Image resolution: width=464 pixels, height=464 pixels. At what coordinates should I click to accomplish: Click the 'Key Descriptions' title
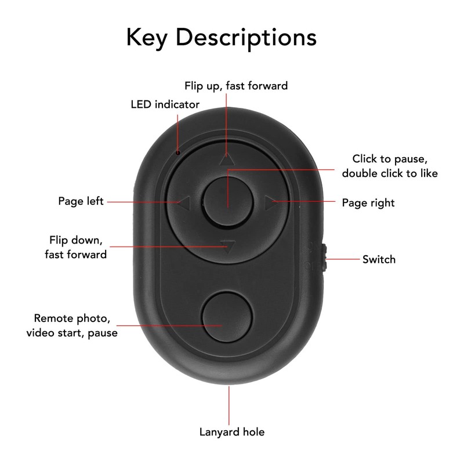point(222,37)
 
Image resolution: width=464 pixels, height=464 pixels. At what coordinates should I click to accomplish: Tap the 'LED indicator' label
point(165,104)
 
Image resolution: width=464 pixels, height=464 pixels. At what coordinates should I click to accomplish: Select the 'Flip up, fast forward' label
point(236,86)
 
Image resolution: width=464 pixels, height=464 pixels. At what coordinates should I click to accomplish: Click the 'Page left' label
point(81,201)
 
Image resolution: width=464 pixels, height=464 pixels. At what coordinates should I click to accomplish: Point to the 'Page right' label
point(368,202)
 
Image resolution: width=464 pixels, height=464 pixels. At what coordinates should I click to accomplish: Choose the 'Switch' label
point(379,259)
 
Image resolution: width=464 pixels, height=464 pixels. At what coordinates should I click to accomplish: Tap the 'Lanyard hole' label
point(232,432)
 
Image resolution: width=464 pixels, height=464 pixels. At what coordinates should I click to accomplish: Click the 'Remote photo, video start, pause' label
point(72,325)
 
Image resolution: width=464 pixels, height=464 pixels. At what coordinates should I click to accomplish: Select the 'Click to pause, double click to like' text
point(389,166)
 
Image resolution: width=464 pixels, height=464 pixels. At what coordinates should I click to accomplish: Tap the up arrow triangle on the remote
point(227,158)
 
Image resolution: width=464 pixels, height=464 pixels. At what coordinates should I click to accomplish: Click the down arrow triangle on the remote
point(228,247)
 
